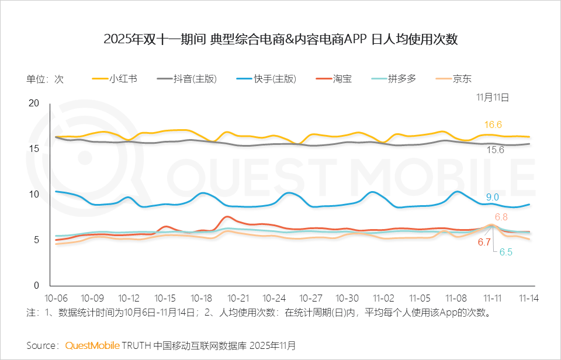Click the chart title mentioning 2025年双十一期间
(x=280, y=40)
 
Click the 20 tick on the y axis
(x=34, y=103)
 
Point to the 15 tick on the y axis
(x=34, y=149)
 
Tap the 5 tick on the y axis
(x=36, y=240)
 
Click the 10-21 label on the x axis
(x=238, y=297)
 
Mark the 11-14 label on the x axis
(x=529, y=297)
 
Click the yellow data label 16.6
(x=493, y=124)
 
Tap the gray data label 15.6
(x=496, y=150)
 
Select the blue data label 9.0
(x=492, y=197)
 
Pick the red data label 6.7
(x=484, y=242)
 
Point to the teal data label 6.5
(x=506, y=252)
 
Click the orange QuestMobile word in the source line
(x=92, y=345)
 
